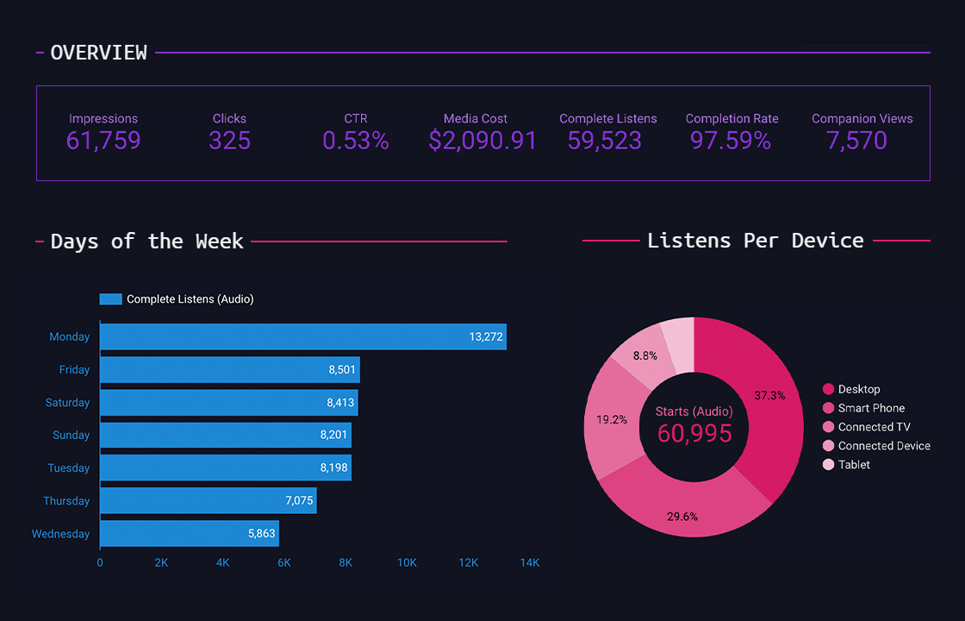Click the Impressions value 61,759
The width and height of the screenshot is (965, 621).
103,141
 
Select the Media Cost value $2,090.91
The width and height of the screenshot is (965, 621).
482,141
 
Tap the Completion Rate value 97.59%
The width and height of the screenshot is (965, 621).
731,141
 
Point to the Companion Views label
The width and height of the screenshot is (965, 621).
862,119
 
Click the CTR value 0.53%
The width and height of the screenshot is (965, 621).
356,141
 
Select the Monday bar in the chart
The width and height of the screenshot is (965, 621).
302,337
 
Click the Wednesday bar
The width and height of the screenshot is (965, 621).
189,534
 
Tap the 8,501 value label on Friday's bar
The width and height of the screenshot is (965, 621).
342,370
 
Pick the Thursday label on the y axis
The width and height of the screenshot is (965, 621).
66,501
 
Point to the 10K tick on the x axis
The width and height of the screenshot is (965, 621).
407,563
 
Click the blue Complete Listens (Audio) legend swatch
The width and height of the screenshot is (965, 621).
110,299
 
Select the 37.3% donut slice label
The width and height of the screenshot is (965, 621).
769,395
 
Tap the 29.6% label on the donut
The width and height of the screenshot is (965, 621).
682,517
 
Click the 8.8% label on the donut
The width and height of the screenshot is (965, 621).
645,355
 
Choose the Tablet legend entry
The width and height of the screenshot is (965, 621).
854,465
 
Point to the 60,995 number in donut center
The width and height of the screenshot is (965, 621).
694,433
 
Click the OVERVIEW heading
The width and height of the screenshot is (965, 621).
98,53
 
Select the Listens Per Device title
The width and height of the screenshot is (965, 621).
755,241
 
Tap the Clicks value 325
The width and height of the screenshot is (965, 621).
229,141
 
